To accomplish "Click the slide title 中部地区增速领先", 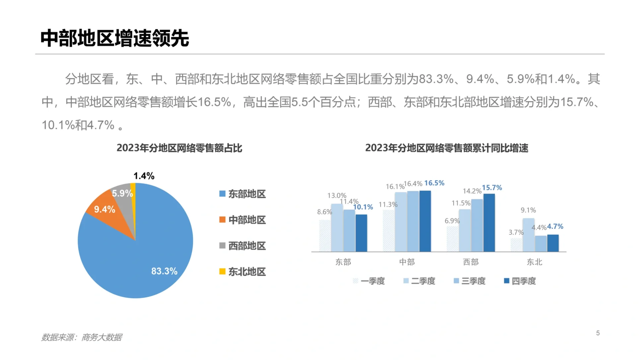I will click(x=115, y=38).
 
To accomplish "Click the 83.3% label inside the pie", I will click(x=164, y=271).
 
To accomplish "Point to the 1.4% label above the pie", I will click(x=144, y=176).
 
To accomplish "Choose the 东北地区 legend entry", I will click(x=243, y=272).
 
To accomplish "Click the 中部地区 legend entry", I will click(x=243, y=220).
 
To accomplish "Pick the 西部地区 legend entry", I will click(x=243, y=246).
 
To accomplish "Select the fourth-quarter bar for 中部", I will click(x=425, y=221).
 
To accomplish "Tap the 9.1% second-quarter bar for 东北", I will click(x=528, y=235).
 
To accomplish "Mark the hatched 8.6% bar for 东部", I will click(x=325, y=236).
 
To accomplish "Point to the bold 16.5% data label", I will click(x=434, y=183).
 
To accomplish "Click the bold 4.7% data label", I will click(x=555, y=226).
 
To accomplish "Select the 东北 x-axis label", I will click(x=534, y=262).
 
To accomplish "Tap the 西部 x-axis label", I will click(x=471, y=262).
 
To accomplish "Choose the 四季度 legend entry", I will click(x=520, y=281).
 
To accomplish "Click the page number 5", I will click(x=598, y=333).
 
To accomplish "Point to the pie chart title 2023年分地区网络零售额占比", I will click(x=179, y=148).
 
